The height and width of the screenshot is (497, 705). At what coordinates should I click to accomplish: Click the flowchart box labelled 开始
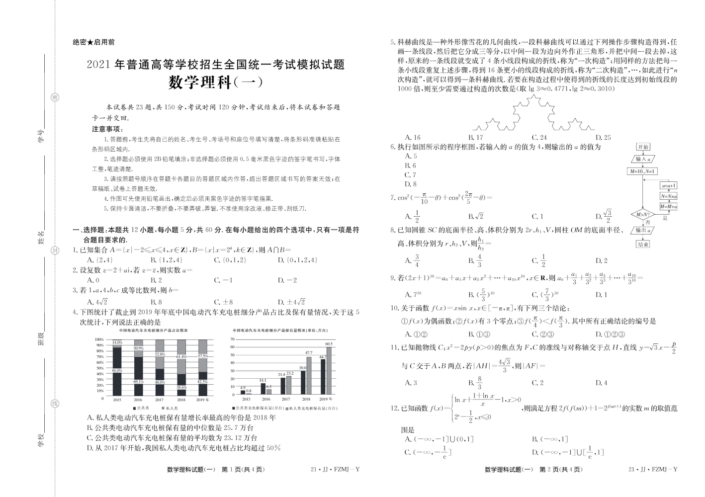coord(643,147)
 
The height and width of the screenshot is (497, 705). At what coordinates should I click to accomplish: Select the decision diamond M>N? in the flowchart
coord(643,215)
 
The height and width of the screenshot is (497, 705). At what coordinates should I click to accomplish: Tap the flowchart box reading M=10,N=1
coord(642,171)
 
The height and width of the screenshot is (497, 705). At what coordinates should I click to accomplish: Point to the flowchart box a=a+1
coord(669,185)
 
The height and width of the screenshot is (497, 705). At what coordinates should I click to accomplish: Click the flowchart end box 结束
coord(643,244)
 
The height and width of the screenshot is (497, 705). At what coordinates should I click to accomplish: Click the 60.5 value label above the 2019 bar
coord(329,344)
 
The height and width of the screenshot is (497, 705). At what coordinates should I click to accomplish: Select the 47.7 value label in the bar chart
coord(308,352)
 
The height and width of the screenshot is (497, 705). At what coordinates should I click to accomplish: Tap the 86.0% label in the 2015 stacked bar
coord(117,371)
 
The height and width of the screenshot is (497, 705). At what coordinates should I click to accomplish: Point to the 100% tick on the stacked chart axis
coord(99,339)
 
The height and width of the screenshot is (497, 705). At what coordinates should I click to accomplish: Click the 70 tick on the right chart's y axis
coord(232,339)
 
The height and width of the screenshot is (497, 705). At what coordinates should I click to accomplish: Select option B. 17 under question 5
coord(476,137)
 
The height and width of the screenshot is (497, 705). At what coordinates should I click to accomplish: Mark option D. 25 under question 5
coord(603,137)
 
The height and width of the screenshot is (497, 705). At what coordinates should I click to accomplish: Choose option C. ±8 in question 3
coord(223,302)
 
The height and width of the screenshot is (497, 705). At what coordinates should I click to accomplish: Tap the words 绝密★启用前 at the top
coord(93,43)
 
